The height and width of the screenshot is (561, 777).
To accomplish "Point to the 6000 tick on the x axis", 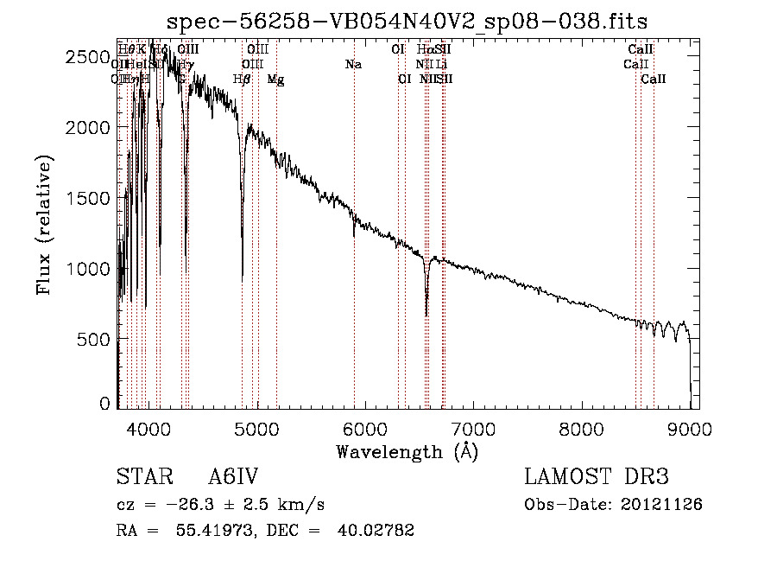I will tap(364, 427).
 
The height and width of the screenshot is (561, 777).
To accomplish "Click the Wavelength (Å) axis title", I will tap(407, 451).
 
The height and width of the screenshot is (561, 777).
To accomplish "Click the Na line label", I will tap(353, 64).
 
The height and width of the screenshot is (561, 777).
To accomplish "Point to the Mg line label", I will tap(275, 79).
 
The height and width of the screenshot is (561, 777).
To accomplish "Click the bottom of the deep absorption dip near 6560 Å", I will tap(426, 315).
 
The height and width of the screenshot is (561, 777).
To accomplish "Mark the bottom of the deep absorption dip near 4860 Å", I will tap(242, 278).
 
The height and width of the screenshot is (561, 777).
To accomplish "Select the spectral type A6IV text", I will tap(234, 477).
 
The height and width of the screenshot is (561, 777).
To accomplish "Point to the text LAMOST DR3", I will tap(597, 477).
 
